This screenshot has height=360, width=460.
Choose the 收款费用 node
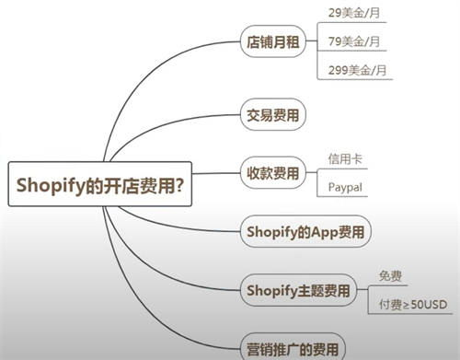pos(273,172)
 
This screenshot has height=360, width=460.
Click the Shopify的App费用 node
pos(305,231)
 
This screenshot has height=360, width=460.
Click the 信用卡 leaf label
pos(344,158)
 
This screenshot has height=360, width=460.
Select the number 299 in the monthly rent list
pos(339,70)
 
